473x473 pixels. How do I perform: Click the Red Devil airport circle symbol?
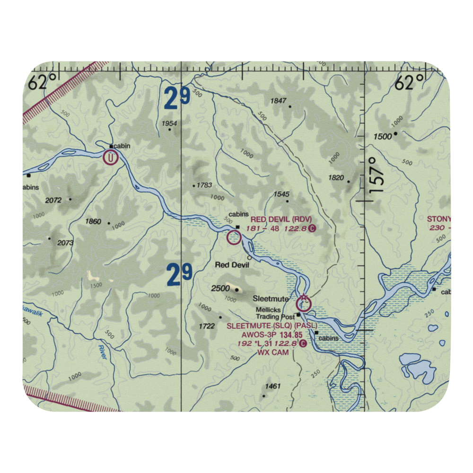[234, 237]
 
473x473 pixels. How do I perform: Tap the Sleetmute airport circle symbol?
[304, 304]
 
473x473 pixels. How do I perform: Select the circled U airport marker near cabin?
[111, 157]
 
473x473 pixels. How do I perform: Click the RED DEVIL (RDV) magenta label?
[281, 219]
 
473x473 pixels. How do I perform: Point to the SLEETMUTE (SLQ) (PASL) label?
[272, 326]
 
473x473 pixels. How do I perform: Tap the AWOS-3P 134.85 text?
[272, 335]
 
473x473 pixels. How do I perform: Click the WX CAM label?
[270, 352]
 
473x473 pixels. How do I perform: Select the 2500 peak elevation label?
[220, 289]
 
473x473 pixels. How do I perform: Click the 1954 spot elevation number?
[169, 124]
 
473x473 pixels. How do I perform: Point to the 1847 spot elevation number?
[279, 101]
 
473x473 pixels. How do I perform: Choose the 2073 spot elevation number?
[66, 243]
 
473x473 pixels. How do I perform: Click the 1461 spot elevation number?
[273, 386]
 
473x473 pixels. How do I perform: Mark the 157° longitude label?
[376, 175]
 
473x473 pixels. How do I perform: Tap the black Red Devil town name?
[232, 265]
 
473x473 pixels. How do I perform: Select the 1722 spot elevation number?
[207, 326]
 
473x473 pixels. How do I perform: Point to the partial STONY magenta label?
[438, 219]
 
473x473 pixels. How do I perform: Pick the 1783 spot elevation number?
[204, 185]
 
